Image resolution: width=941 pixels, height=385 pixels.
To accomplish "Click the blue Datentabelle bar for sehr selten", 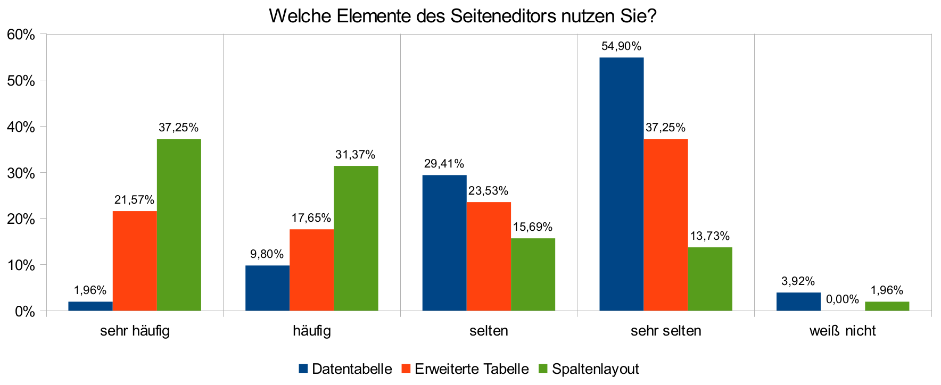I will click(621, 184).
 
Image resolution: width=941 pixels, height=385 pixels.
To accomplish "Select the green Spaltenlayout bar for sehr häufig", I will click(179, 224).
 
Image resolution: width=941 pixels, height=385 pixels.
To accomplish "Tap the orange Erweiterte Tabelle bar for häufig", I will click(311, 270).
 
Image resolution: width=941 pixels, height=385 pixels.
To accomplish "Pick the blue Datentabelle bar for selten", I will click(444, 242).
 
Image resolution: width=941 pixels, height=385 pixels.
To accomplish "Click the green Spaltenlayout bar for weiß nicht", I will click(887, 306).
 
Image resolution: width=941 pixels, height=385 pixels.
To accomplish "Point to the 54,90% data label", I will click(621, 46).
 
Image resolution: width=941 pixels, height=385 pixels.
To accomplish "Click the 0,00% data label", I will click(842, 299).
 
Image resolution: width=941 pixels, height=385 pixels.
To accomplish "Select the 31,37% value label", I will click(355, 155).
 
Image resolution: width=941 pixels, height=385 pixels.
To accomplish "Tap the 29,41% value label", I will click(444, 164).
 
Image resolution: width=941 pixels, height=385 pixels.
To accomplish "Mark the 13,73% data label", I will click(709, 236).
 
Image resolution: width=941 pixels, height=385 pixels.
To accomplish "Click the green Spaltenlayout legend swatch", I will click(543, 369).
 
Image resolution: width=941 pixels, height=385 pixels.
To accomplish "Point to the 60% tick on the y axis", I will click(21, 35).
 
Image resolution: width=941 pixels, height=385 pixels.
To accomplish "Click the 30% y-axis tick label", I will click(21, 173).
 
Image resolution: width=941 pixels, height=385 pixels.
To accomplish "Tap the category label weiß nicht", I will click(842, 331).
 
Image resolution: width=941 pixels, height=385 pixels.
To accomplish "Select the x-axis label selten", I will click(488, 331).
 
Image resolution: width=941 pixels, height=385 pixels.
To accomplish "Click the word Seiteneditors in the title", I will click(503, 16).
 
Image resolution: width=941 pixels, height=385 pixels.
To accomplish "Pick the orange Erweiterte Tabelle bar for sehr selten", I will click(665, 224).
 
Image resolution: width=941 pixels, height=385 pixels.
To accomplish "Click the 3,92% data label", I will click(798, 281).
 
